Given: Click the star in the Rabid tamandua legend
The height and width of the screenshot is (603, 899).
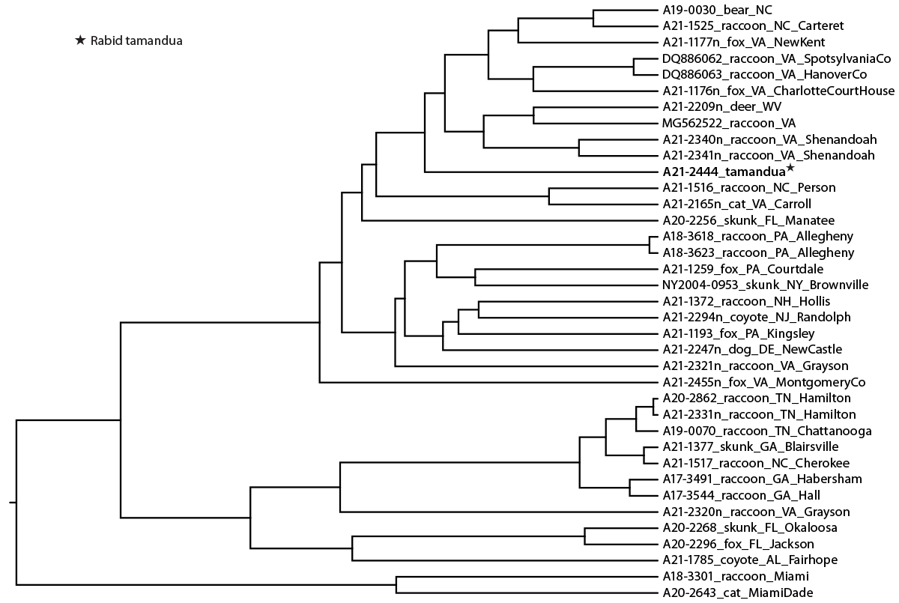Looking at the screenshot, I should point(80,40).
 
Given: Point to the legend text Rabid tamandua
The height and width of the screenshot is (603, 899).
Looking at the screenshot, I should point(136,40).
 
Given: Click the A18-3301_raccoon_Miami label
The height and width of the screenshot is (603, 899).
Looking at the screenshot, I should point(724,576).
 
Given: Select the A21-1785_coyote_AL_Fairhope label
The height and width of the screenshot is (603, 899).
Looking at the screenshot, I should point(750,560).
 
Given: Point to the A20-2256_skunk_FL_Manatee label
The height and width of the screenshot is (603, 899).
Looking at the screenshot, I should point(748,220).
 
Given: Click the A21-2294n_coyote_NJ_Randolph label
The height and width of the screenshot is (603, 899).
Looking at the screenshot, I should point(757,317).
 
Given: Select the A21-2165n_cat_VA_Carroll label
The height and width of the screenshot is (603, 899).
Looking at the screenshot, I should point(736,204).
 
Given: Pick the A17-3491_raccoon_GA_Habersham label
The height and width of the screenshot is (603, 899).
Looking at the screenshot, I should point(762,479).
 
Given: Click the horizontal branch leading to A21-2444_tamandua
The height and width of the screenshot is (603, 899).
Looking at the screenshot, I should point(539,172).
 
